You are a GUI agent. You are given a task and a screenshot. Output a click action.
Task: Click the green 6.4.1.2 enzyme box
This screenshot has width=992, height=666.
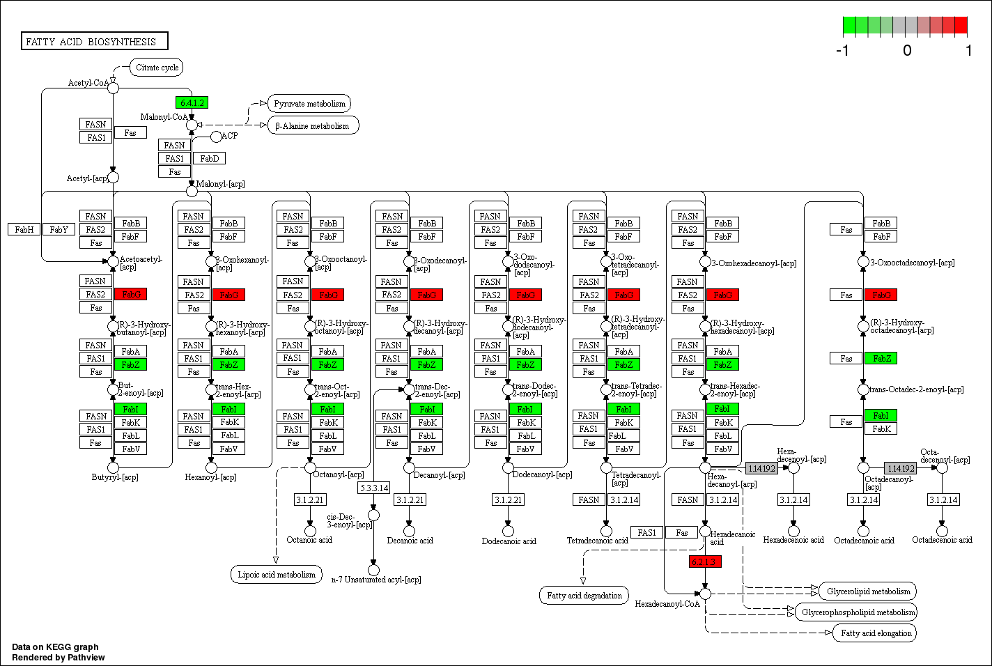192,102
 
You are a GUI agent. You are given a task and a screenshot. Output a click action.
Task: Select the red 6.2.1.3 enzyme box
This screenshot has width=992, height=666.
705,562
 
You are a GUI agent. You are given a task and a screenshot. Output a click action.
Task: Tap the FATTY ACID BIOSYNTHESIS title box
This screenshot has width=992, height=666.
95,41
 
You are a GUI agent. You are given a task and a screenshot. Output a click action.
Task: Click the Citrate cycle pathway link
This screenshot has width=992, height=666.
157,68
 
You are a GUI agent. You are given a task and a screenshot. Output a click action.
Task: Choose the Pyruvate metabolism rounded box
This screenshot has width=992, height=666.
309,104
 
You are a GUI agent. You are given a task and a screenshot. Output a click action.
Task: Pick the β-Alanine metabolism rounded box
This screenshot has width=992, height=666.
313,126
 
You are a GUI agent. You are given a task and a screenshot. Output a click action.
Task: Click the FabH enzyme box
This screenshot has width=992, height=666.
24,229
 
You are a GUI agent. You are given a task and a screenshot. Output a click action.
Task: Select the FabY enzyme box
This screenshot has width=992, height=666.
59,229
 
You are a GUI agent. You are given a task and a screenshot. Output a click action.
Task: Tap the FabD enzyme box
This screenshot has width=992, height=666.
209,158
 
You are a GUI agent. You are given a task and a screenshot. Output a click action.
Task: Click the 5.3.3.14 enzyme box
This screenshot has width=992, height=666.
373,488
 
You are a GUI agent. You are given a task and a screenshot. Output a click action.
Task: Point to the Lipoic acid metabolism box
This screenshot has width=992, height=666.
277,575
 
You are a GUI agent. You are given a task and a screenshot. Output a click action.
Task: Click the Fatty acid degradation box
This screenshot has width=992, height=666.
584,596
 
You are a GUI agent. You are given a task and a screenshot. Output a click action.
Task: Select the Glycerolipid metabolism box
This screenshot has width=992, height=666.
868,591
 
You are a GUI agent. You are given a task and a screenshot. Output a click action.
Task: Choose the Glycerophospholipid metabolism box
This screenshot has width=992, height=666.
858,612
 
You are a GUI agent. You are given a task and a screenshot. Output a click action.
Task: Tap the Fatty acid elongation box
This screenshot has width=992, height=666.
876,633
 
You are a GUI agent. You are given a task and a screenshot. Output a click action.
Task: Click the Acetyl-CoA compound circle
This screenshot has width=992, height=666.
113,87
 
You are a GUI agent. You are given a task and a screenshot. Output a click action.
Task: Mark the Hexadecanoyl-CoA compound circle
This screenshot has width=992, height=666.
705,594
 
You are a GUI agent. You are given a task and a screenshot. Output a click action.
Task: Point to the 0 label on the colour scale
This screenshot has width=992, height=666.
907,50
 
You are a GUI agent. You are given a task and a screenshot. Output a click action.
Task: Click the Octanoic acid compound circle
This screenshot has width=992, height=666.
310,531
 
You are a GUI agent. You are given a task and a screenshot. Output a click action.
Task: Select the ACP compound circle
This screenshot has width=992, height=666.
216,137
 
